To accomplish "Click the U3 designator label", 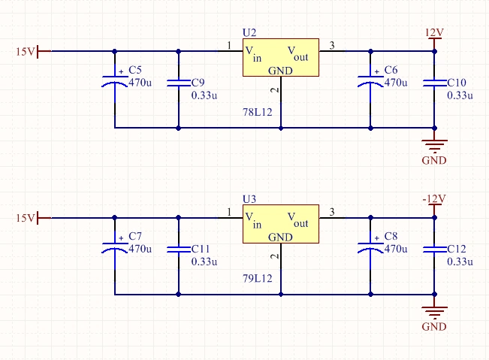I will click(249, 199).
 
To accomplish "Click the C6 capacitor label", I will click(391, 70).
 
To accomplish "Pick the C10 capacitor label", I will click(456, 82).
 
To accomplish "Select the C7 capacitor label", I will click(135, 236).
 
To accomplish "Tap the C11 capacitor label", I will click(201, 249).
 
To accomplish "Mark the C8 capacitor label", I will click(391, 236).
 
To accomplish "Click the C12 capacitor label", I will click(456, 249).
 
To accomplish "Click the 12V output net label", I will click(435, 33).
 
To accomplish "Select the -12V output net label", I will click(434, 199).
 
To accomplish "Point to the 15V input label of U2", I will click(26, 51).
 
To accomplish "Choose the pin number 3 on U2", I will click(333, 46).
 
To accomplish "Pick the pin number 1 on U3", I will click(229, 212).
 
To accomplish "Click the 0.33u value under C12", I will click(460, 262).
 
